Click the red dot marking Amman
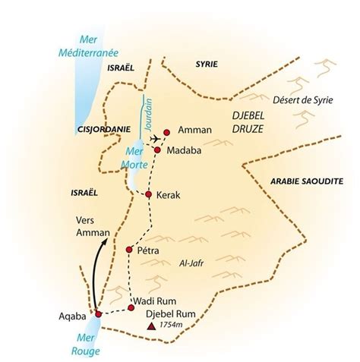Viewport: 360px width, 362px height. (167, 131)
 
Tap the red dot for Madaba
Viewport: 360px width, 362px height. (157, 150)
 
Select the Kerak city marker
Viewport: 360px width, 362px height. (149, 195)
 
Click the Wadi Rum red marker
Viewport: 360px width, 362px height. (131, 307)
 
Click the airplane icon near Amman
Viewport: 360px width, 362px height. (155, 139)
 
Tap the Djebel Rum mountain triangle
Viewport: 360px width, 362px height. (152, 327)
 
